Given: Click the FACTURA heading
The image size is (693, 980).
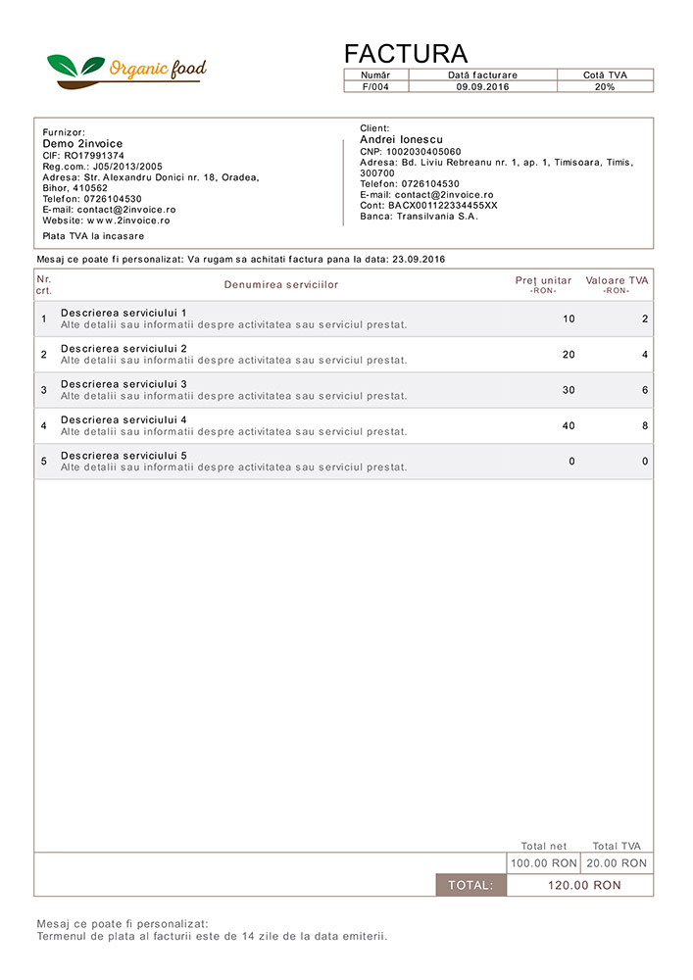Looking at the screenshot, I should point(406,54).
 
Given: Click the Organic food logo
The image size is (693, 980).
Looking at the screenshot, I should point(127,69).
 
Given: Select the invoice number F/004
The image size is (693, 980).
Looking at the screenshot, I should point(375,87).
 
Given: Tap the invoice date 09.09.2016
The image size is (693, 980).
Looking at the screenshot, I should point(482,87).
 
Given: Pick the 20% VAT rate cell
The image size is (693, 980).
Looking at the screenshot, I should point(605,87).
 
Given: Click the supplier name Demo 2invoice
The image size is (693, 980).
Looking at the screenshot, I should point(82,144).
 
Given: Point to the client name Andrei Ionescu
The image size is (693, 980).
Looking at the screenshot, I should point(402,140).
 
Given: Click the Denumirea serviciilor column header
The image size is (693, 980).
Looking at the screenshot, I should point(280,285).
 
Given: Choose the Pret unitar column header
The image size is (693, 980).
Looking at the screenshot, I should point(543,281).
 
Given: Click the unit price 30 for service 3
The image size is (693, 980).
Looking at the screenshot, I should point(569,390).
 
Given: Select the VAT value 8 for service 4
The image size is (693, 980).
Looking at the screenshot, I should point(645,425).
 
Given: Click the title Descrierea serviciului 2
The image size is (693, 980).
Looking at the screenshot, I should point(124,349).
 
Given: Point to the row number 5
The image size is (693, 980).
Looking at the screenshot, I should point(43,462).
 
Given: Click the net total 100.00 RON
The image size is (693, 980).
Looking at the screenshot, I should point(544,863).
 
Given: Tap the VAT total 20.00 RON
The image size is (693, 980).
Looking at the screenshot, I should point(618,863).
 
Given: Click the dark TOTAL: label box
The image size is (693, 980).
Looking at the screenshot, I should point(471,885).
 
